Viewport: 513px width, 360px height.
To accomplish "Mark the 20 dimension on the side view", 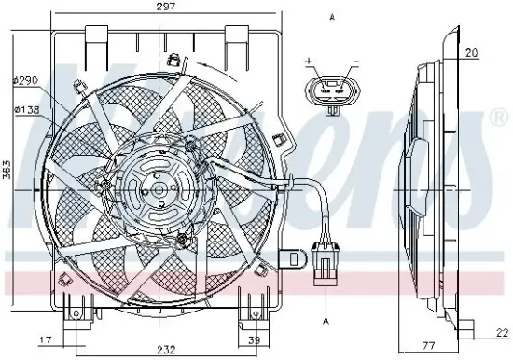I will coord(473,53).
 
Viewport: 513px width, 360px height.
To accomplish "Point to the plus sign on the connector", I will coord(309,62).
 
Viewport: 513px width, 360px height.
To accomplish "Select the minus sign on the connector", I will coord(354,62).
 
